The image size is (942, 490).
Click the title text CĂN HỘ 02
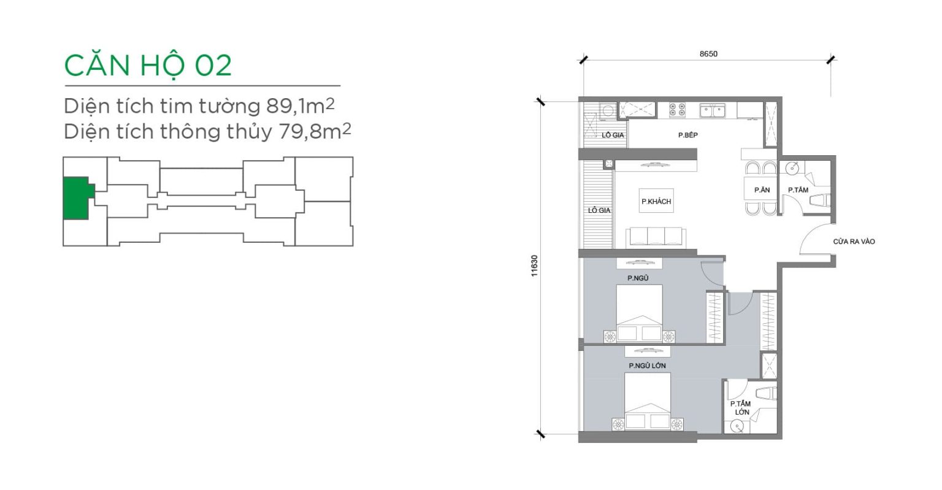click(148, 66)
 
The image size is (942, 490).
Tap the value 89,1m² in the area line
click(301, 105)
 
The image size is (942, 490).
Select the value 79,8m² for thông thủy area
click(315, 131)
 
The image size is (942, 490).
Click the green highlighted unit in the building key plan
click(77, 198)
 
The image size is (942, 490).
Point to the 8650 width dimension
click(708, 54)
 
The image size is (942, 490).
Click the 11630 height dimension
click(534, 266)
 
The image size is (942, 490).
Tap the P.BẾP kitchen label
click(688, 135)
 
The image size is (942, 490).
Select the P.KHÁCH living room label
click(656, 202)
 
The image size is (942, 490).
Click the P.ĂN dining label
click(762, 189)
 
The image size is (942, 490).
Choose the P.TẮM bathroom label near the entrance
click(798, 189)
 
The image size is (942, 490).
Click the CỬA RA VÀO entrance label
click(854, 242)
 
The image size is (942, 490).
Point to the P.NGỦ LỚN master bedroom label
click(647, 366)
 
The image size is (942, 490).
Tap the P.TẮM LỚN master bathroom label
click(741, 408)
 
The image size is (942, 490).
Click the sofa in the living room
click(656, 237)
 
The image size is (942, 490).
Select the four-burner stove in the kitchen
click(677, 109)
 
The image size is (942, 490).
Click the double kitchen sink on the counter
click(713, 110)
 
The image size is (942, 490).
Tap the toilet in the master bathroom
click(766, 393)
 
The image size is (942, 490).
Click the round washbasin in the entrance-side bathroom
click(792, 168)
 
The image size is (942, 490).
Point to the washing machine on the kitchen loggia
click(608, 110)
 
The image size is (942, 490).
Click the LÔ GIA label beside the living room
click(599, 210)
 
